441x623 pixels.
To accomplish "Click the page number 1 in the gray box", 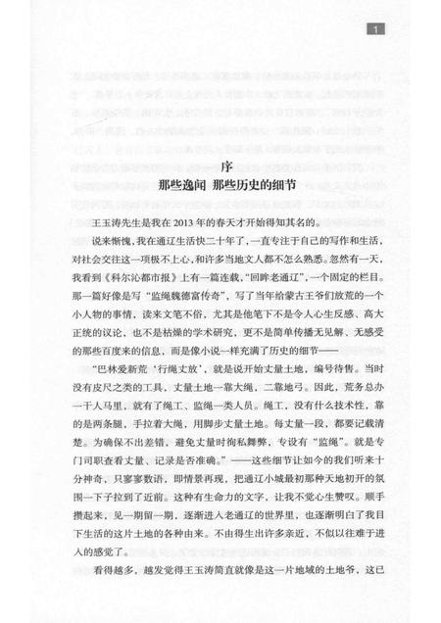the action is [x=377, y=31].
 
